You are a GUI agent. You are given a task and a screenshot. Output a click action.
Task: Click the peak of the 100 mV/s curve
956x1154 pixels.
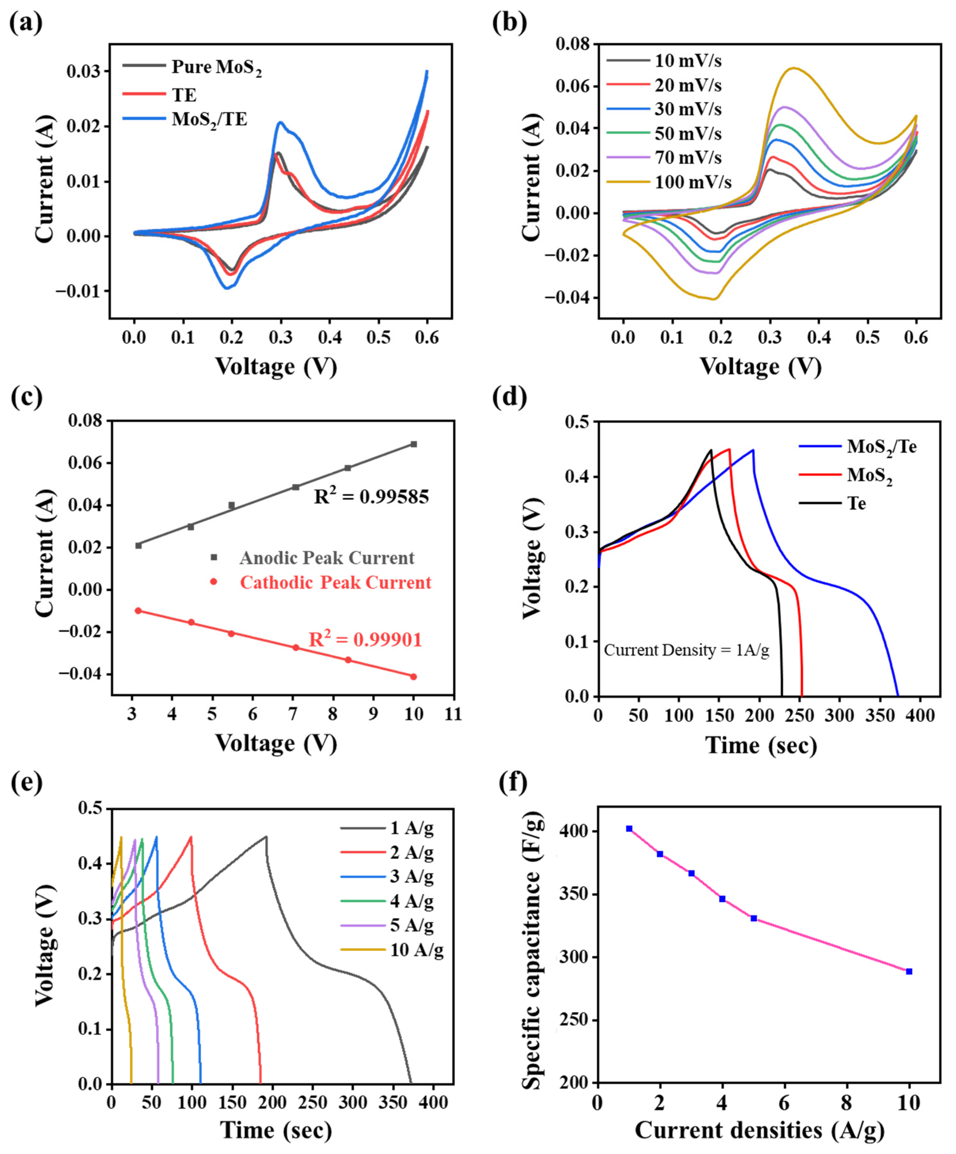793,68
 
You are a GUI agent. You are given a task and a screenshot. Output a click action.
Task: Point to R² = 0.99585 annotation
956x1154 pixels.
372,497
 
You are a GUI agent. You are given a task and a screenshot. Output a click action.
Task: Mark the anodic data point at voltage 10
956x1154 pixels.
414,444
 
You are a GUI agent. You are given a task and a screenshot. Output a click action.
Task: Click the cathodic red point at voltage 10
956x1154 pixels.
414,677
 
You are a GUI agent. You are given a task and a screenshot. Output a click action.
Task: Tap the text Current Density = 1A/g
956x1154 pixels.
686,650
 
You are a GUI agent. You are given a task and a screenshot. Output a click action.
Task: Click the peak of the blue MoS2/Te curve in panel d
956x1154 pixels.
753,450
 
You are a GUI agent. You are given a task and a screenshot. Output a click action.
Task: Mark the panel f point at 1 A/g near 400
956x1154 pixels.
629,829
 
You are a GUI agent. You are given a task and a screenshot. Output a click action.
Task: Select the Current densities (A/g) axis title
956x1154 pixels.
760,1130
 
